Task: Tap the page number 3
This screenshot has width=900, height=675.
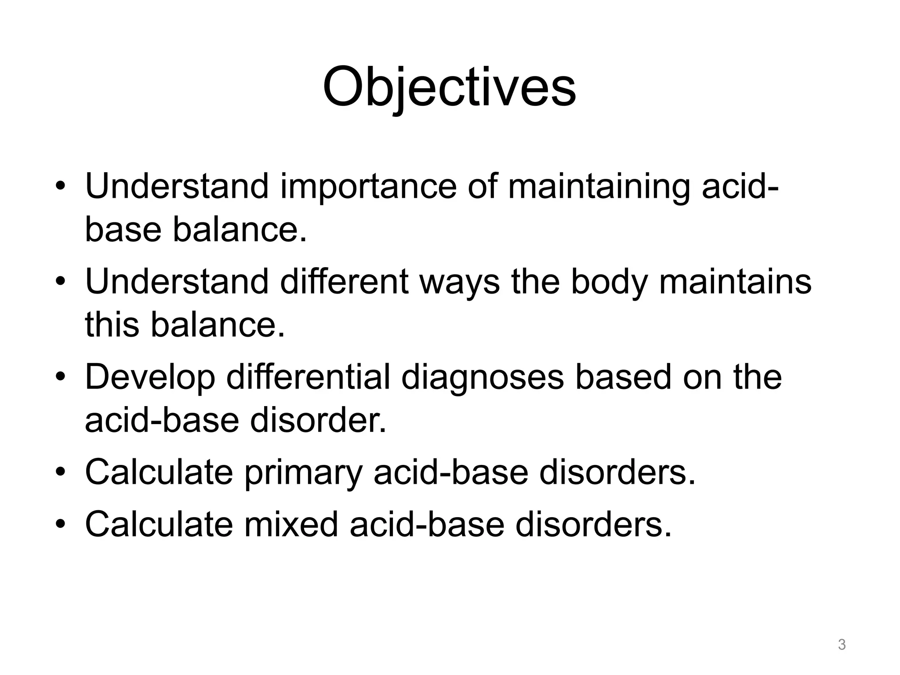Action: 842,645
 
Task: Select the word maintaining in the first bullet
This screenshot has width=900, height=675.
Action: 599,187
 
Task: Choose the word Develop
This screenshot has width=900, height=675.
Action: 150,377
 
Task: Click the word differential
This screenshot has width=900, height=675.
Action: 308,377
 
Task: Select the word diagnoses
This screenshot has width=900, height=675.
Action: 482,377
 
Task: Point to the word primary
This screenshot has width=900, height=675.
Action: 303,473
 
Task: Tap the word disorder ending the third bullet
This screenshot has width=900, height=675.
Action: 318,421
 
